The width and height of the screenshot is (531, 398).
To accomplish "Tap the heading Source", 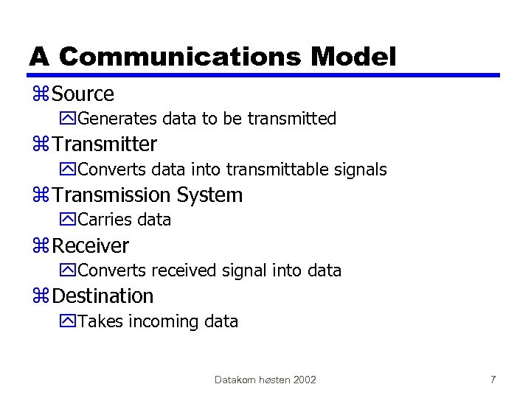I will tap(83, 94).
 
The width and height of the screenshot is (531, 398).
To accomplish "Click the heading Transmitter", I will tap(105, 144).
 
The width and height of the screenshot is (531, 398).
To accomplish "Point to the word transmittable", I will tap(280, 170).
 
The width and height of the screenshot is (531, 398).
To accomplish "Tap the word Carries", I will tap(104, 220).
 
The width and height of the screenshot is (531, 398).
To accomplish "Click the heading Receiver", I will tap(91, 245).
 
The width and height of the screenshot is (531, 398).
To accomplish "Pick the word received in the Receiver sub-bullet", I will tap(187, 270).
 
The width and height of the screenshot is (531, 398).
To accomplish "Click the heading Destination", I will tap(103, 296).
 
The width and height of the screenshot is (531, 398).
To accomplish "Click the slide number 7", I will tap(493, 380).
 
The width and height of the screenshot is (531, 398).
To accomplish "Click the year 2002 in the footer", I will tap(305, 380).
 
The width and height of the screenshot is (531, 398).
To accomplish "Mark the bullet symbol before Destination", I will tap(41, 297).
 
